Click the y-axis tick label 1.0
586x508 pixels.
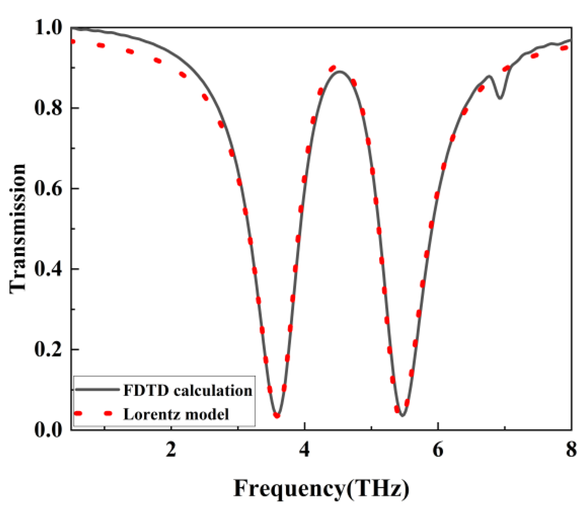[49, 28]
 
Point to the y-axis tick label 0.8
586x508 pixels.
[49, 108]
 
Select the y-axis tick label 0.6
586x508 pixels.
[49, 189]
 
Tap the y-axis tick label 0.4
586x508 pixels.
[49, 269]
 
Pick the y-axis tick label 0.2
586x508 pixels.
[49, 349]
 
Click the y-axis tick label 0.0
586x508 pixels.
[49, 430]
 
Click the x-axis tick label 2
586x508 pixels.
[171, 450]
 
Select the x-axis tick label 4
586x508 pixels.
[304, 450]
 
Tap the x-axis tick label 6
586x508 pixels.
[438, 450]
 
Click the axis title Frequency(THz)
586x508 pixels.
[321, 488]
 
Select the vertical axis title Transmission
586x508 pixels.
[18, 229]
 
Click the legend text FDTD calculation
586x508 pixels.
[188, 391]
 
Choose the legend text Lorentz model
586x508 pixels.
[176, 414]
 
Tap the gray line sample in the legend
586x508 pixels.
[97, 390]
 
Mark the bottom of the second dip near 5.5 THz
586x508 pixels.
[402, 416]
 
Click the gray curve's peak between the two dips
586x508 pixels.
[340, 72]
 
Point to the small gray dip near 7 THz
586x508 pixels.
[500, 98]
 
